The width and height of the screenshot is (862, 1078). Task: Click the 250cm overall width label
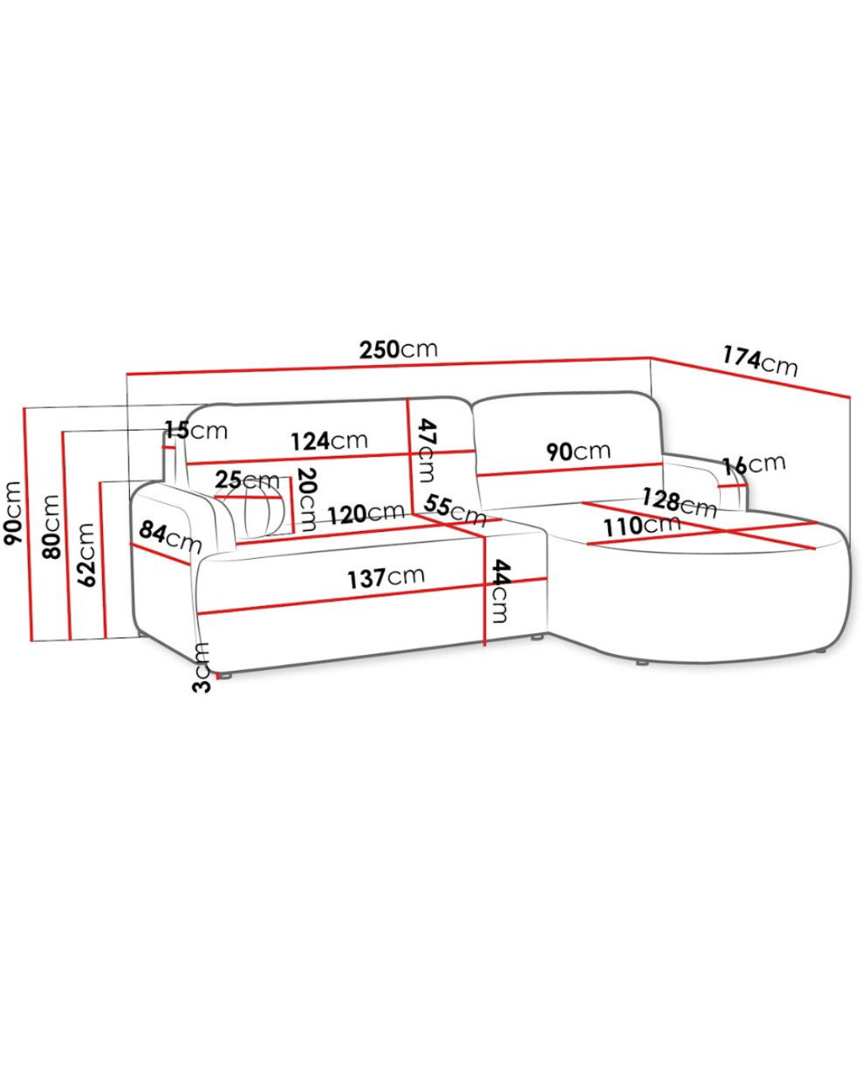coord(398,350)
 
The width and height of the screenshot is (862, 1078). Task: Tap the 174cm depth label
coord(759,361)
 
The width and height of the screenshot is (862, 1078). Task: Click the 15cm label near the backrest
coord(196,430)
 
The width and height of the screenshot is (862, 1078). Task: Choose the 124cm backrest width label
coord(330,441)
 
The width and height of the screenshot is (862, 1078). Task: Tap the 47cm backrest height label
coord(427,450)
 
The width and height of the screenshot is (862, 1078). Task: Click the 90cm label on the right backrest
coord(579,451)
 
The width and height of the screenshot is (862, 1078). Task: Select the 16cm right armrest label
coord(753,465)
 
